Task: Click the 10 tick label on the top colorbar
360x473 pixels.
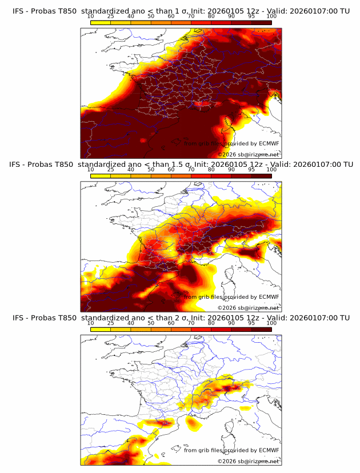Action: (91, 16)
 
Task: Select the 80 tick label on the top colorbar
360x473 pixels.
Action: (211, 16)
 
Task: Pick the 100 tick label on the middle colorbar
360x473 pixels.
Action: (271, 169)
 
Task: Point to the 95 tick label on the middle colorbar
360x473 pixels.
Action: (251, 169)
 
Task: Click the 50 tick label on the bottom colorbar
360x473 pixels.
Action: (151, 322)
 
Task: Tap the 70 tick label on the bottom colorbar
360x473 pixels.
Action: (191, 322)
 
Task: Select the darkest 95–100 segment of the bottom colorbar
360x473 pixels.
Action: (261, 328)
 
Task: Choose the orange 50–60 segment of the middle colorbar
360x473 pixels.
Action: (161, 175)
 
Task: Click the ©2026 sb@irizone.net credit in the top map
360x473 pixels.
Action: (249, 154)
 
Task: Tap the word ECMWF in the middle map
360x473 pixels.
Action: (269, 296)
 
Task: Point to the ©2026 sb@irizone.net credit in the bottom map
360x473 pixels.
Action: (249, 461)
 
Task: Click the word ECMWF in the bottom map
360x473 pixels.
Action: (269, 450)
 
